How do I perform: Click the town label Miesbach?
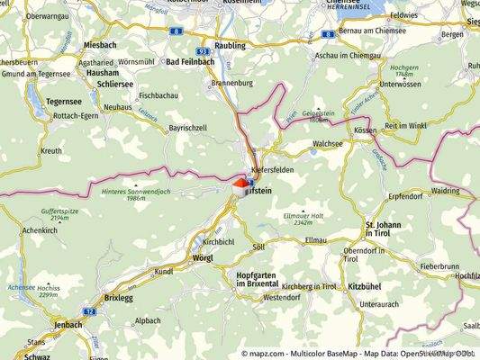99,44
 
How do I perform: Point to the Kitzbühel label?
366,285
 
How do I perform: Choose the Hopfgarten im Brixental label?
261,279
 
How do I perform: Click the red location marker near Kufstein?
239,184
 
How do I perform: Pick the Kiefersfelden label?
275,170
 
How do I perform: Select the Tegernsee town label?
39,102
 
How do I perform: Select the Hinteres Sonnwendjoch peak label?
137,193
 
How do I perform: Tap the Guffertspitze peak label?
48,213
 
